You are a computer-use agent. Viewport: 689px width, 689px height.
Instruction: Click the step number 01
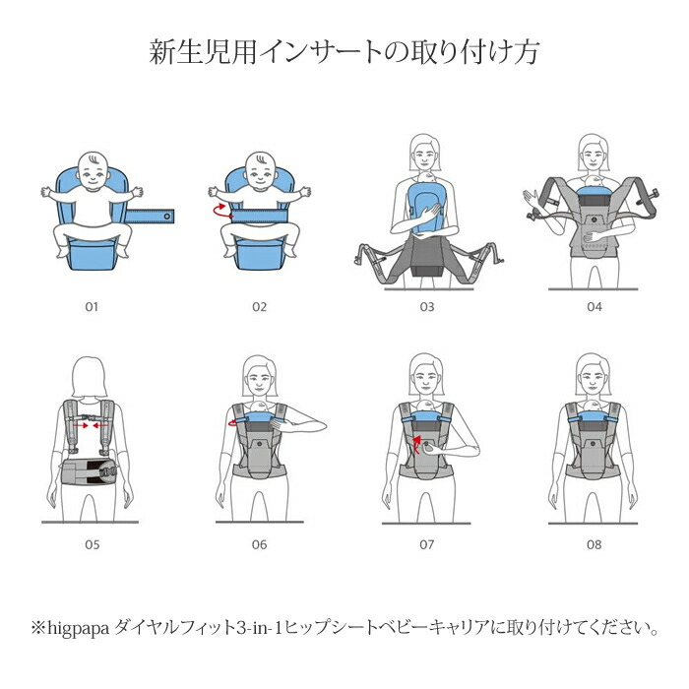pos(92,307)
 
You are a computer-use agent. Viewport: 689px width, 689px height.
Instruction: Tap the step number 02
pos(259,307)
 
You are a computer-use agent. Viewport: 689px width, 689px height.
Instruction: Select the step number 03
pos(426,307)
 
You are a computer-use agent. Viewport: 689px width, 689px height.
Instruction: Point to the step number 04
pos(595,307)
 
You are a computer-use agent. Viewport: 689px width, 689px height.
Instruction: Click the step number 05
pos(92,545)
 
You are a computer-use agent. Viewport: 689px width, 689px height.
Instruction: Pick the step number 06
pos(259,545)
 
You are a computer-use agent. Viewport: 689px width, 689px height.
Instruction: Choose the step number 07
pos(426,545)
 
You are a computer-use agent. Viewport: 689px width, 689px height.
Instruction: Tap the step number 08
pos(595,545)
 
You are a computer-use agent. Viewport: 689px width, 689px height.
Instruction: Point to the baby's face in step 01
pos(92,172)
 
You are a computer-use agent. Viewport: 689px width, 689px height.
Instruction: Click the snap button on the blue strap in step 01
pos(167,217)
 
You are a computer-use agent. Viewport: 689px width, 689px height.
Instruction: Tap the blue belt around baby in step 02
pos(259,216)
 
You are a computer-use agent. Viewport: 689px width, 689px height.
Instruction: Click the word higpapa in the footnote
pos(78,629)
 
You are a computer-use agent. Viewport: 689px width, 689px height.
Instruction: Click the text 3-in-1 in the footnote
pos(259,628)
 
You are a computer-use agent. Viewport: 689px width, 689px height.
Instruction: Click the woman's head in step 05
pos(90,377)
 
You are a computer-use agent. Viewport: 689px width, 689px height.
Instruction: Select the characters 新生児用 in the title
pos(203,52)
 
